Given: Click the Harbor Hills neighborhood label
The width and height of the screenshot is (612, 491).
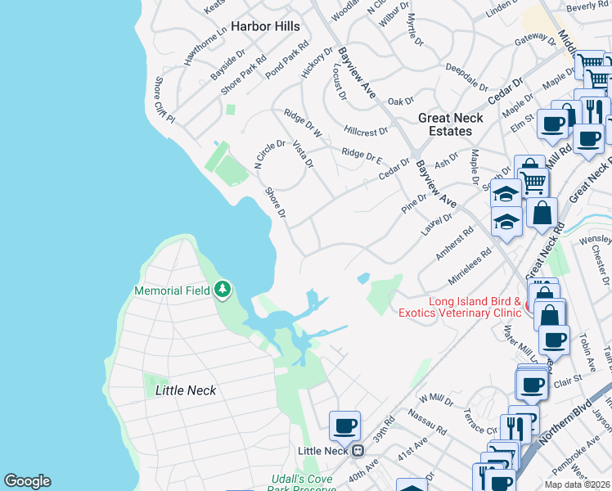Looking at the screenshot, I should click(x=265, y=26).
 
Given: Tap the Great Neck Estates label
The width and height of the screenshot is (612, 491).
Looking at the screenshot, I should click(x=450, y=124).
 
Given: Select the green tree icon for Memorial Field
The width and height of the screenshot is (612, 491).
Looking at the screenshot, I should click(x=222, y=289).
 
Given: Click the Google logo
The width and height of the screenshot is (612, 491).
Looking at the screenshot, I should click(x=27, y=481).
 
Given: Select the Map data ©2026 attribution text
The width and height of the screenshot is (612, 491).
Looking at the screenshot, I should click(x=577, y=484).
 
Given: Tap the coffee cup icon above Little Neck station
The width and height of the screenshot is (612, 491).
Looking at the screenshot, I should click(x=344, y=426).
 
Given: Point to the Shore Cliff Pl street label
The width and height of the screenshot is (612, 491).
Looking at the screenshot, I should click(x=164, y=101).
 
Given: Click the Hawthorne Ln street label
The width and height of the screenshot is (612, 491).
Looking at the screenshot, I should click(x=205, y=45).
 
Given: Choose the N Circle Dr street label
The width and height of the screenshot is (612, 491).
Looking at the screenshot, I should click(x=269, y=154).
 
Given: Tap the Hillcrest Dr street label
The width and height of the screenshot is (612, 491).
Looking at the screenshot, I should click(x=366, y=131).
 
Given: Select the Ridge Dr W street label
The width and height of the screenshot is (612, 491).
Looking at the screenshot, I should click(x=303, y=122).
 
